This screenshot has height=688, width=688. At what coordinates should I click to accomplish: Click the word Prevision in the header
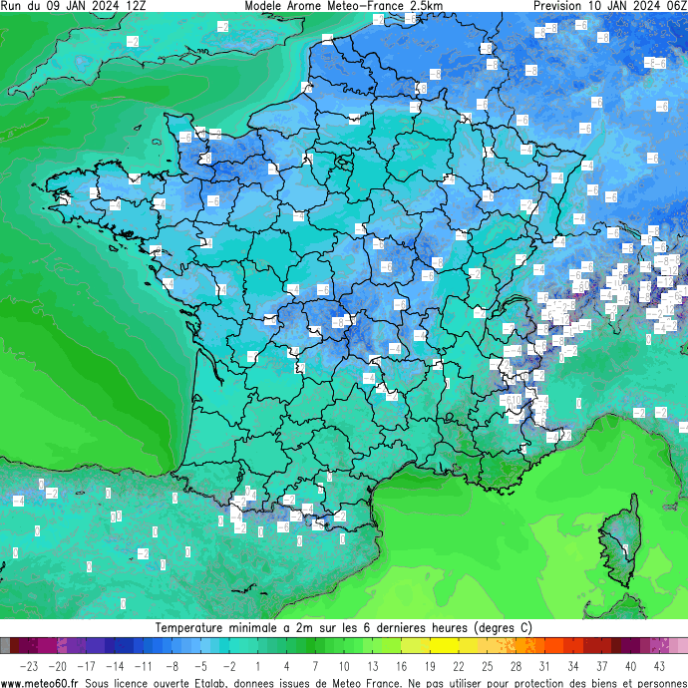[x=561, y=6]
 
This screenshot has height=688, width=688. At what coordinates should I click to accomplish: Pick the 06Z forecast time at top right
[x=673, y=6]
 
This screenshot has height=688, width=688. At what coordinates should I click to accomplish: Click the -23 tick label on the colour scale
[x=29, y=665]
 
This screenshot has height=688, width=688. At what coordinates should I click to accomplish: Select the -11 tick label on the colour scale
[x=144, y=665]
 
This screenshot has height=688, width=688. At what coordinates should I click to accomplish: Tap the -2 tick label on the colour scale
[x=229, y=665]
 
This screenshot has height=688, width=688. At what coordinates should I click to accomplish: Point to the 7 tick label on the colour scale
[x=315, y=665]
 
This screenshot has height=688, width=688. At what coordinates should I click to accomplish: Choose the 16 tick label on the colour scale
[x=401, y=665]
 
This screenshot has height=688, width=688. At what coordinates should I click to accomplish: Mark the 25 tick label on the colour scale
[x=488, y=665]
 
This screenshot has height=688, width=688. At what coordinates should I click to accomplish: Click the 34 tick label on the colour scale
[x=573, y=665]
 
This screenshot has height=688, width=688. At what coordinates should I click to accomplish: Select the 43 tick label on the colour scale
[x=659, y=665]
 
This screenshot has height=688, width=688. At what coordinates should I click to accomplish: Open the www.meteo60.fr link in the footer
[x=41, y=682]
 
